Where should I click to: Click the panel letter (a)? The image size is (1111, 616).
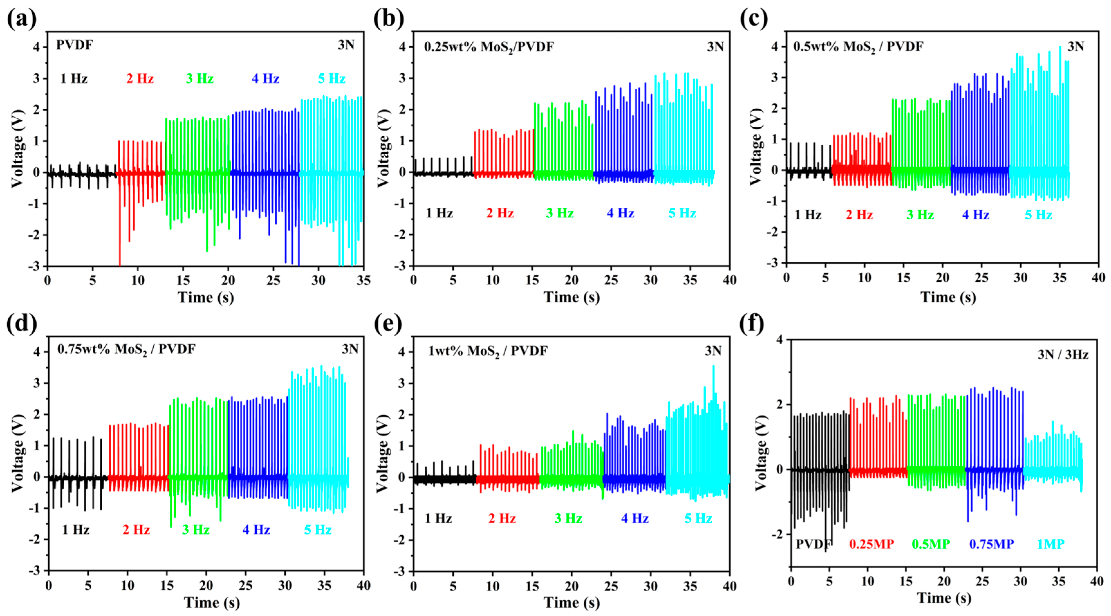click(22, 19)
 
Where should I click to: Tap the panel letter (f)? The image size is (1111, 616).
click(752, 324)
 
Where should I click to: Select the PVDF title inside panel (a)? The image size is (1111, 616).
click(75, 45)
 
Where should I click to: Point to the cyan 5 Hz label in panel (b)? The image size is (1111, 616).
click(682, 213)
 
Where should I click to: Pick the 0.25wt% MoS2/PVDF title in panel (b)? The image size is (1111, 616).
click(489, 47)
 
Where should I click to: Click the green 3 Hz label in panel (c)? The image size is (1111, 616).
click(920, 215)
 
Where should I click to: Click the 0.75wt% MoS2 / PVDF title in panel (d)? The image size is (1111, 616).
click(126, 349)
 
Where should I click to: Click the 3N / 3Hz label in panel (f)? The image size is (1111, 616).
click(1063, 354)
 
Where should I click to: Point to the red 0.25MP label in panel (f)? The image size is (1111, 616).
click(872, 544)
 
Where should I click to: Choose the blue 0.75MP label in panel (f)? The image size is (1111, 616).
click(992, 544)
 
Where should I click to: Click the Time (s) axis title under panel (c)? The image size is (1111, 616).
click(949, 297)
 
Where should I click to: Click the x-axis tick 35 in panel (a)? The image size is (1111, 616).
click(364, 281)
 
